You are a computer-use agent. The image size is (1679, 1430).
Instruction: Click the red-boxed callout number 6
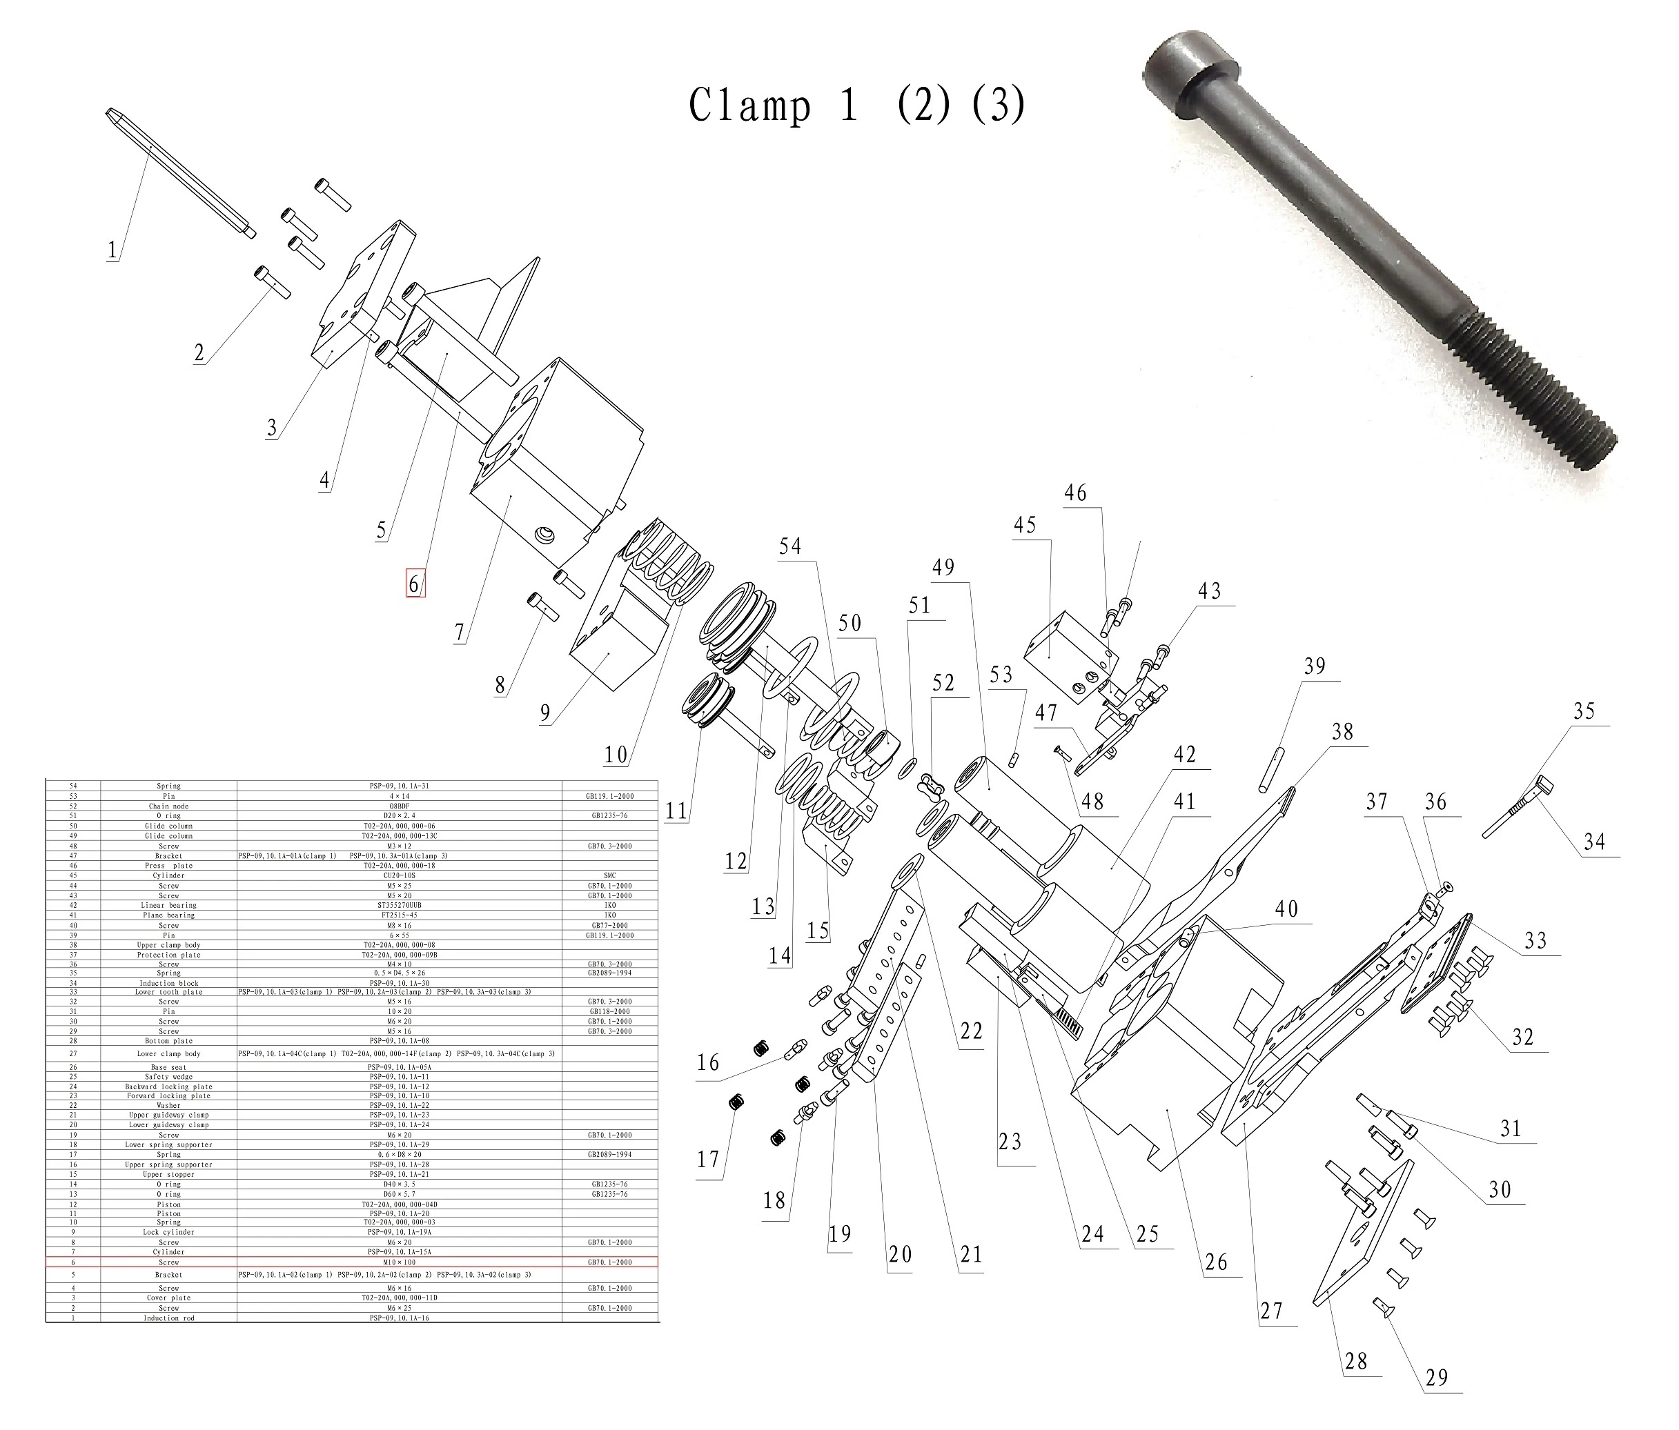pos(414,584)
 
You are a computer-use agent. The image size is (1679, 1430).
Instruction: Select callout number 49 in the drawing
pos(943,567)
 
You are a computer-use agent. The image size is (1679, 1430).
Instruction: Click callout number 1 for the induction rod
pos(112,250)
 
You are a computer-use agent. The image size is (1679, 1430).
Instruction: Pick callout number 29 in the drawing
pos(1436,1378)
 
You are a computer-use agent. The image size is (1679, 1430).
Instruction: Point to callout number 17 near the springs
pos(708,1160)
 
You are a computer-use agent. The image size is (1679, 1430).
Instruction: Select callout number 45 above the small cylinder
pos(1024,525)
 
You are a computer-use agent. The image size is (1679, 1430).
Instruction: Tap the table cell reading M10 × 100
pos(400,1262)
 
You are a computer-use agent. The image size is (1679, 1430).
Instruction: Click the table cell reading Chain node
pos(168,806)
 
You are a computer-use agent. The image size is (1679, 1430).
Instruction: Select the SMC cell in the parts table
pos(610,876)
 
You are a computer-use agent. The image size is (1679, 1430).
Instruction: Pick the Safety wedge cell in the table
pos(168,1077)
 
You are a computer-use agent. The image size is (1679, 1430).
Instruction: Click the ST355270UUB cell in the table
pos(400,905)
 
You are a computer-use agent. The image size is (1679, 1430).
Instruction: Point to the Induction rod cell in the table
pos(168,1318)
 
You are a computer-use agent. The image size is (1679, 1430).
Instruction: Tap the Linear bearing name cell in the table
pos(168,905)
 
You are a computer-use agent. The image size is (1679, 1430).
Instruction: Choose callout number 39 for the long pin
pos(1315,666)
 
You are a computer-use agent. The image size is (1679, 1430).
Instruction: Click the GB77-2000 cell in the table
pos(610,925)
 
